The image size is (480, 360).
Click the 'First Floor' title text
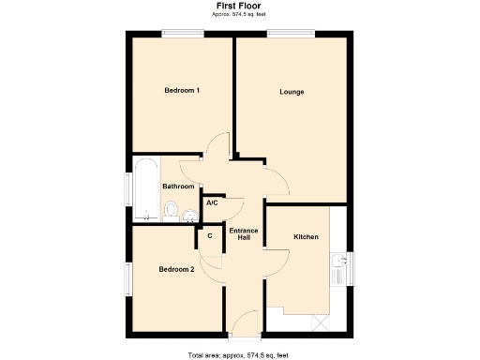(239, 6)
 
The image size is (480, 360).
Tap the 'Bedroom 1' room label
(182, 90)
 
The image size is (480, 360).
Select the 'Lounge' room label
(292, 92)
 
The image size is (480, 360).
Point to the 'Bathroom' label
(179, 187)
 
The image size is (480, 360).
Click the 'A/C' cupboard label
(212, 203)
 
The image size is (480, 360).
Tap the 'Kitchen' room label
(307, 236)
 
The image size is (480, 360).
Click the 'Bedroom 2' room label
(176, 269)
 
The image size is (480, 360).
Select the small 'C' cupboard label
(209, 235)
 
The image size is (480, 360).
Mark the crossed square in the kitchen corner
(321, 322)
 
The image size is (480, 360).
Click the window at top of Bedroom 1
(182, 34)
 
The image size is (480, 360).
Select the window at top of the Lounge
(292, 34)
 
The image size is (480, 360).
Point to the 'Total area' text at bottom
(239, 354)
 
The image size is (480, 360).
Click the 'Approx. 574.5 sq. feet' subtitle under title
(239, 16)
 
